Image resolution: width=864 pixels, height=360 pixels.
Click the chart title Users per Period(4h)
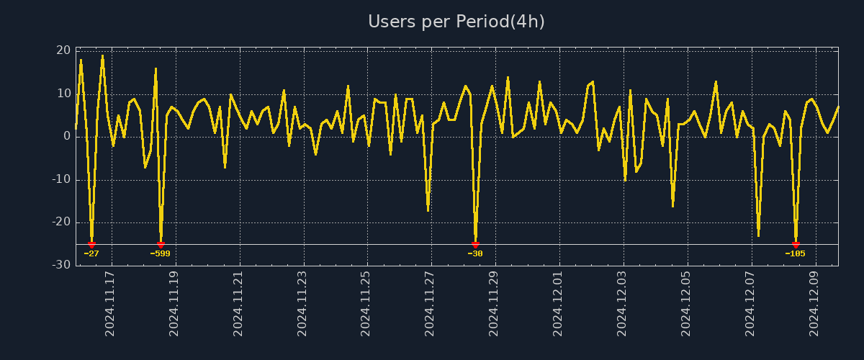456,22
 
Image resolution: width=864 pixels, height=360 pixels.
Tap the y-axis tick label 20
63,50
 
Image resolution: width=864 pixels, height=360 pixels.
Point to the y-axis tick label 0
67,136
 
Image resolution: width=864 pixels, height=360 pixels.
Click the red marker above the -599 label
161,245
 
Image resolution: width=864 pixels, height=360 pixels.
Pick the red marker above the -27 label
91,245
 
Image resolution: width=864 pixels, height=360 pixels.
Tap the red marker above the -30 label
475,245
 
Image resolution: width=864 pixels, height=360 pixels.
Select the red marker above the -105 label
796,245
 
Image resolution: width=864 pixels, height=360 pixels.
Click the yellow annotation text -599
161,253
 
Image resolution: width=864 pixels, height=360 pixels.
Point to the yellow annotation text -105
796,253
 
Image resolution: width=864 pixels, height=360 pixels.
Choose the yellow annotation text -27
91,253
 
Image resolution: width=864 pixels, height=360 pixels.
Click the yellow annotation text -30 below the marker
475,253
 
